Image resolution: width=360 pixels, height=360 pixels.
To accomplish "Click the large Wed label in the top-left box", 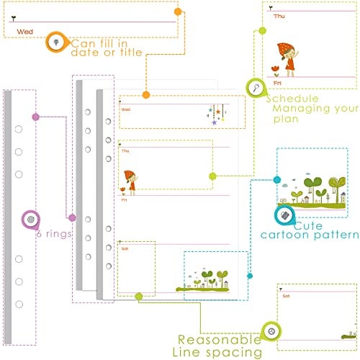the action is [24, 32].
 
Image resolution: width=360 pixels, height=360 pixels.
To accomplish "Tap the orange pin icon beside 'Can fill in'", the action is [57, 42].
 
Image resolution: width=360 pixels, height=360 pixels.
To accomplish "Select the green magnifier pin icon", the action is [256, 88].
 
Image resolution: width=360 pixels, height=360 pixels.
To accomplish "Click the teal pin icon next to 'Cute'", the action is [285, 215].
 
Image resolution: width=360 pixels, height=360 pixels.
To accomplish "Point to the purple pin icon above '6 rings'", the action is [31, 220].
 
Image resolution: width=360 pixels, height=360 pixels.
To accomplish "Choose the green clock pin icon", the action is [271, 331].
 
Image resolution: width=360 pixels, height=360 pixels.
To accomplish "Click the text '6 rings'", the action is [54, 233].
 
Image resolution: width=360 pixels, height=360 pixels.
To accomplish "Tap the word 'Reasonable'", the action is [219, 340].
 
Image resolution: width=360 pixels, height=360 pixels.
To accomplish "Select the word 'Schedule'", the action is [292, 99].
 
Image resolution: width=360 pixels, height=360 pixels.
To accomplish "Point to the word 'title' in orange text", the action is [131, 53].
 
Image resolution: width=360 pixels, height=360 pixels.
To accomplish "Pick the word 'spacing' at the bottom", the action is [234, 353].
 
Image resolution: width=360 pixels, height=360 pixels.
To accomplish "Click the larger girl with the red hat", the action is [287, 59].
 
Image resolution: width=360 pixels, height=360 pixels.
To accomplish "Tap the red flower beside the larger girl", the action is [276, 71].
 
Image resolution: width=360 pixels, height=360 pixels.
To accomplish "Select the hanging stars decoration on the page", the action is [217, 114].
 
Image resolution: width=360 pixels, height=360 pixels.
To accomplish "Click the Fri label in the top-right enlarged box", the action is [277, 83].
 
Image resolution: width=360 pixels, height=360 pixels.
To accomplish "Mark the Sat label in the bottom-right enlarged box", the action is [286, 296].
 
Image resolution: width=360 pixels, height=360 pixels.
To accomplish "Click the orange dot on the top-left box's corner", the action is [178, 12].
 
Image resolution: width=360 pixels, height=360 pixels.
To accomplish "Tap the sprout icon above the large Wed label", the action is [14, 18].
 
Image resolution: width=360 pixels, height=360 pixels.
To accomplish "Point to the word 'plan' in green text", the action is [286, 120].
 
